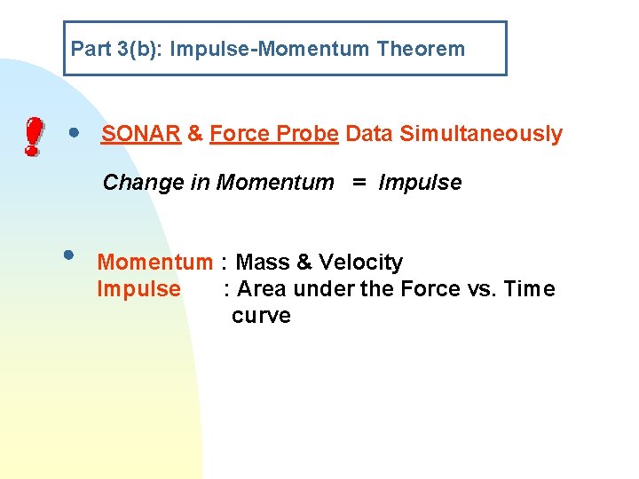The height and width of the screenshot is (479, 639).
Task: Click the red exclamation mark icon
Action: [x=32, y=138]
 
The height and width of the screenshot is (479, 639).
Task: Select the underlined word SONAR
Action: [x=141, y=134]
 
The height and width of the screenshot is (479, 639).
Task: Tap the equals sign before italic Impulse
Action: [x=358, y=183]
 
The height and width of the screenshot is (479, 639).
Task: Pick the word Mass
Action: [x=263, y=263]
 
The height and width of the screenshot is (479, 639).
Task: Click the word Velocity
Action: [x=360, y=263]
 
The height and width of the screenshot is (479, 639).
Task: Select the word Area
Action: [x=262, y=289]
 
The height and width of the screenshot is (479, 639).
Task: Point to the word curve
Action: [x=261, y=317]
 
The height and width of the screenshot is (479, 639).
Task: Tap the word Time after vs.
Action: [x=530, y=289]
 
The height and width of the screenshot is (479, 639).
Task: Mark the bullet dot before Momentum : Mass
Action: [x=67, y=255]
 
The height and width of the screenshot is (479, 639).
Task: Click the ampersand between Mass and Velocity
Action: [x=304, y=263]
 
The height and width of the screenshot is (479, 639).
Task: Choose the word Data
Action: [x=370, y=134]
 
